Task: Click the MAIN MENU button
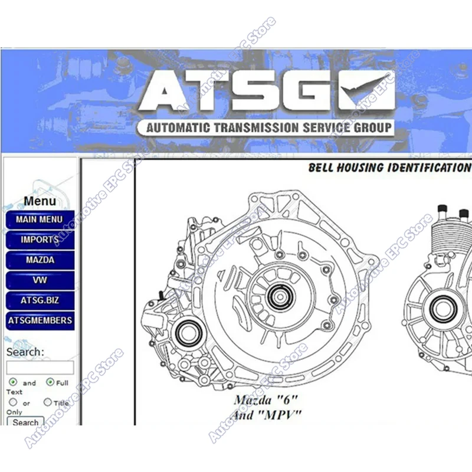[40, 219]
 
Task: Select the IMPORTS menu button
[40, 240]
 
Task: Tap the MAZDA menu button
[40, 260]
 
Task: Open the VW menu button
[40, 280]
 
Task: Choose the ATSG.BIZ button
[40, 300]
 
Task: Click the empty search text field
[40, 368]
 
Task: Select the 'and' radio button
[13, 382]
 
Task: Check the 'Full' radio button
[50, 382]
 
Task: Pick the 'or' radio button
[13, 402]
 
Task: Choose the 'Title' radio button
[48, 402]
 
